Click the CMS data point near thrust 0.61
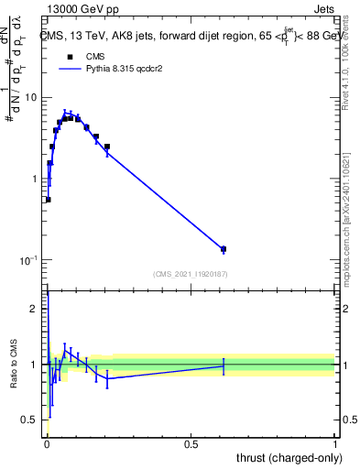224,249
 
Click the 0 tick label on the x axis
47,444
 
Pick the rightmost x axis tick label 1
334,444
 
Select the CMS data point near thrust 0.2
107,147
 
